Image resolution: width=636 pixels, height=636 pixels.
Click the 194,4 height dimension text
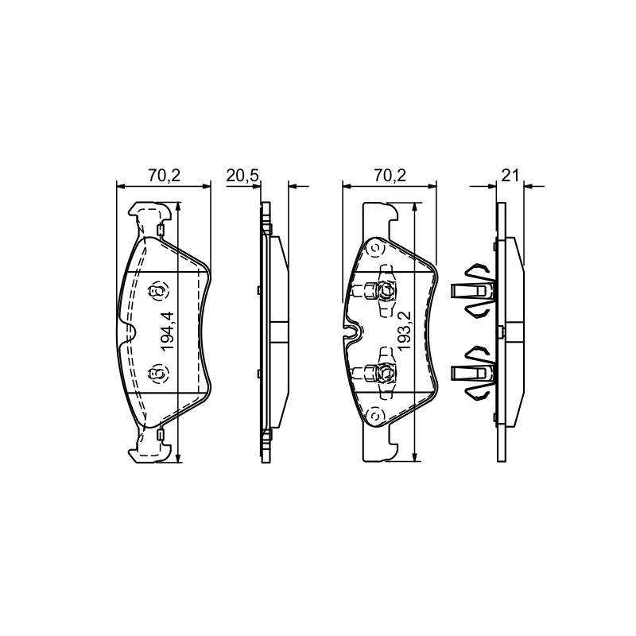[167, 331]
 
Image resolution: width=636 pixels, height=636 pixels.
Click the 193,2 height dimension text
[405, 331]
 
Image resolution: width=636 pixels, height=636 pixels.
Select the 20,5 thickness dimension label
[242, 176]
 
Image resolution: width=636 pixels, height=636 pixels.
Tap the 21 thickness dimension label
[510, 176]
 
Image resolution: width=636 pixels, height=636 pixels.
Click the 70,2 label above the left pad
[164, 176]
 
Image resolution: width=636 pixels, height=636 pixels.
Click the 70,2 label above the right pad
[390, 176]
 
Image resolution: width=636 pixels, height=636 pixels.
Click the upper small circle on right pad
[374, 247]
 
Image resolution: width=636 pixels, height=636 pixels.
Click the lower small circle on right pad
[374, 416]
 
